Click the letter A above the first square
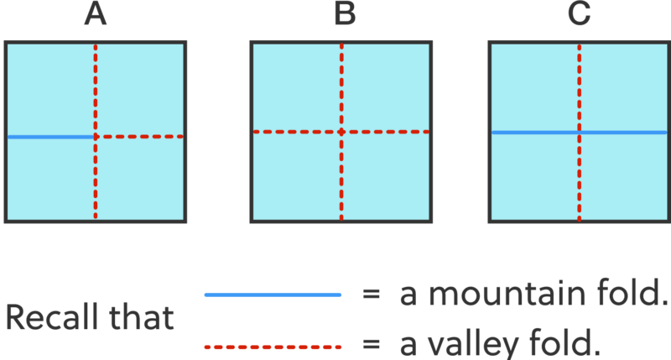coord(95,16)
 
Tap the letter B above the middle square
coord(344,16)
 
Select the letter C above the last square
coord(580,16)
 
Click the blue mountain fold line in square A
coord(50,136)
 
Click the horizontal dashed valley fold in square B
coord(294,132)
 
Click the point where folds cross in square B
coord(341,132)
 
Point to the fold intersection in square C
coord(579,133)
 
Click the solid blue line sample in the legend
coord(273,295)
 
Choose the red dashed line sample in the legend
coord(273,346)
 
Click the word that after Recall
coord(148,318)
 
